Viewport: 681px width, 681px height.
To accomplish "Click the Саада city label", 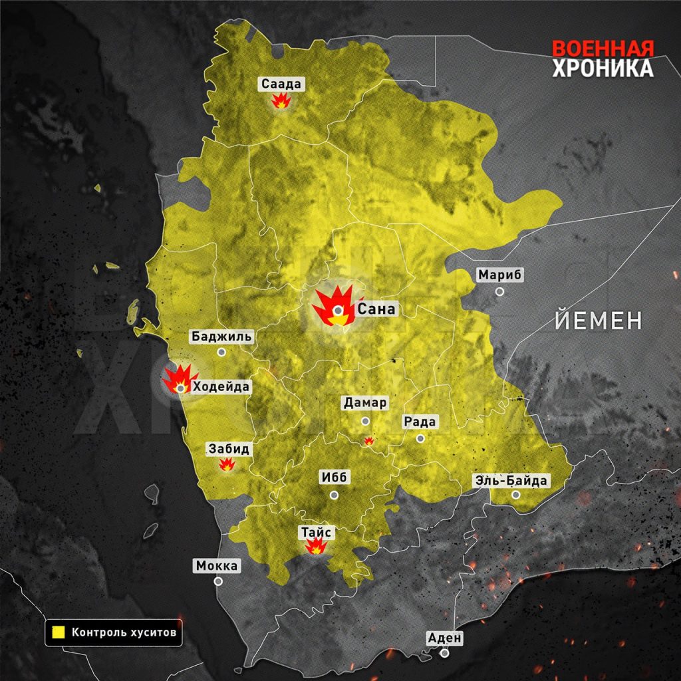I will [282, 84].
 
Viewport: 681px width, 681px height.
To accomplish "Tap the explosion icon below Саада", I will [282, 101].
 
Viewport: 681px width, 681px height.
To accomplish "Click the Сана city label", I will [376, 309].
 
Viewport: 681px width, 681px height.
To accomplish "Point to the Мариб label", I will [501, 275].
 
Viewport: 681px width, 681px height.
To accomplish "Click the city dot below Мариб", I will [499, 291].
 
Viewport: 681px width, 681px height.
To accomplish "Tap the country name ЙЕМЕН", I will [599, 321].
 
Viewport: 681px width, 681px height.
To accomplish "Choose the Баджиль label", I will [221, 336].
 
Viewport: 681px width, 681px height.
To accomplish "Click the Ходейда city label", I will [221, 387].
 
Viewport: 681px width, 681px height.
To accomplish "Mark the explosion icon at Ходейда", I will [178, 380].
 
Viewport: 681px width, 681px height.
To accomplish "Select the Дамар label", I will [365, 402].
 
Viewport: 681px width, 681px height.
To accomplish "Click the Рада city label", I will [420, 422].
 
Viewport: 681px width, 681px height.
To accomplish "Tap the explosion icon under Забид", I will [227, 465].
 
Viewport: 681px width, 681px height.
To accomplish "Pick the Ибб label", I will [335, 478].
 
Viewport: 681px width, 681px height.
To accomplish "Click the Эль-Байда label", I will [511, 480].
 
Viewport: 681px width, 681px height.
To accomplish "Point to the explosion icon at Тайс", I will [315, 546].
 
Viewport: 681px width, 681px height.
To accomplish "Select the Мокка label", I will [217, 565].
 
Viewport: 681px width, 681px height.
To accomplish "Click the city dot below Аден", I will [444, 653].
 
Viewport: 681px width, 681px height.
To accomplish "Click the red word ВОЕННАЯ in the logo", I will [603, 49].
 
